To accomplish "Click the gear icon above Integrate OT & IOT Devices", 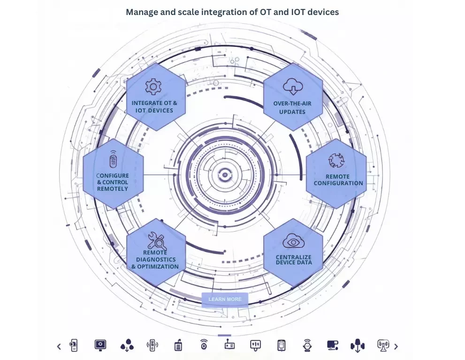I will point(152,87).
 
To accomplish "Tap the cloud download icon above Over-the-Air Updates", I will point(293,86).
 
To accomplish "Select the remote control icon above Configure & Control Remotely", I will point(113,159).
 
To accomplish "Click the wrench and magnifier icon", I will point(157,241).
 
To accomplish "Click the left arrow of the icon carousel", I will point(59,346).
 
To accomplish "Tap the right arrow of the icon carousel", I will point(396,346).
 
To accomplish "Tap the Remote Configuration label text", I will point(338,180).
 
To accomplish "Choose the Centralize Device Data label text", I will point(293,259).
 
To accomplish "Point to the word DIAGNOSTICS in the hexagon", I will point(156,259).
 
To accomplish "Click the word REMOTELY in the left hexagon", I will point(113,188).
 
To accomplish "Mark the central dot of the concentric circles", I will point(224,174).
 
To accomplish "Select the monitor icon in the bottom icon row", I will point(100,345).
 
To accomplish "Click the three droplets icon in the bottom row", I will point(127,345).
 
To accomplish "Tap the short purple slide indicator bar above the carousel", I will point(225,335).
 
